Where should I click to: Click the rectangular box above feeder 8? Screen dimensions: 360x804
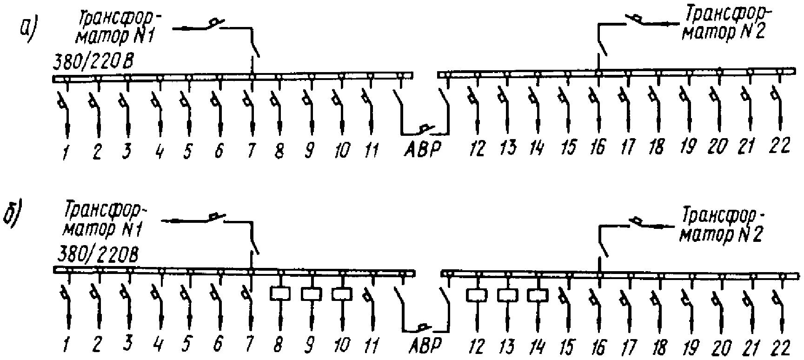(x=280, y=293)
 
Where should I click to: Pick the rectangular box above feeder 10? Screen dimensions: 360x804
(x=342, y=294)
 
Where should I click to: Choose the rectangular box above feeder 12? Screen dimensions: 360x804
(x=477, y=295)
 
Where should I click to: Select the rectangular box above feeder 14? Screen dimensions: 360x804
(x=538, y=295)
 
